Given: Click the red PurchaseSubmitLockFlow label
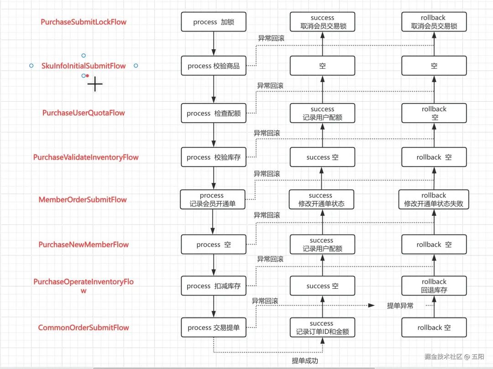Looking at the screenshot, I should click(84, 22).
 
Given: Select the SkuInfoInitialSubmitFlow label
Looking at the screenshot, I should click(84, 66).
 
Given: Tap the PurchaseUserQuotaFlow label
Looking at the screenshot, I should click(84, 113).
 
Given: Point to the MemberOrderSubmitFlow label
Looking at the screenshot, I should click(83, 199).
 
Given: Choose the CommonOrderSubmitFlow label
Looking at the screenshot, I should click(84, 327).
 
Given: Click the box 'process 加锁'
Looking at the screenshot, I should click(214, 22).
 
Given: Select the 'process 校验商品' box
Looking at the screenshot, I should click(214, 66).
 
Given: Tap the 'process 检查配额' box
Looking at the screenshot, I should click(214, 113).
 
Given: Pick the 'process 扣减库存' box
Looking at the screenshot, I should click(214, 286).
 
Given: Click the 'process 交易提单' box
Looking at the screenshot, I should click(214, 327).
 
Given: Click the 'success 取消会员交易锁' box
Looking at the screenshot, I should click(322, 22).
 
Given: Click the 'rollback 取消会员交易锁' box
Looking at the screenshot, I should click(434, 22).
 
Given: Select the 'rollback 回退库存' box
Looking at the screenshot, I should click(434, 286).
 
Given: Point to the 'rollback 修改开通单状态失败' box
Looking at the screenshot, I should click(434, 200).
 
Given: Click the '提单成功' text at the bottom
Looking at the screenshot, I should click(305, 361).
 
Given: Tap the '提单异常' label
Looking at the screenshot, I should click(400, 306).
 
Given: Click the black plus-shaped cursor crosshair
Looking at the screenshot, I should click(95, 84).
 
